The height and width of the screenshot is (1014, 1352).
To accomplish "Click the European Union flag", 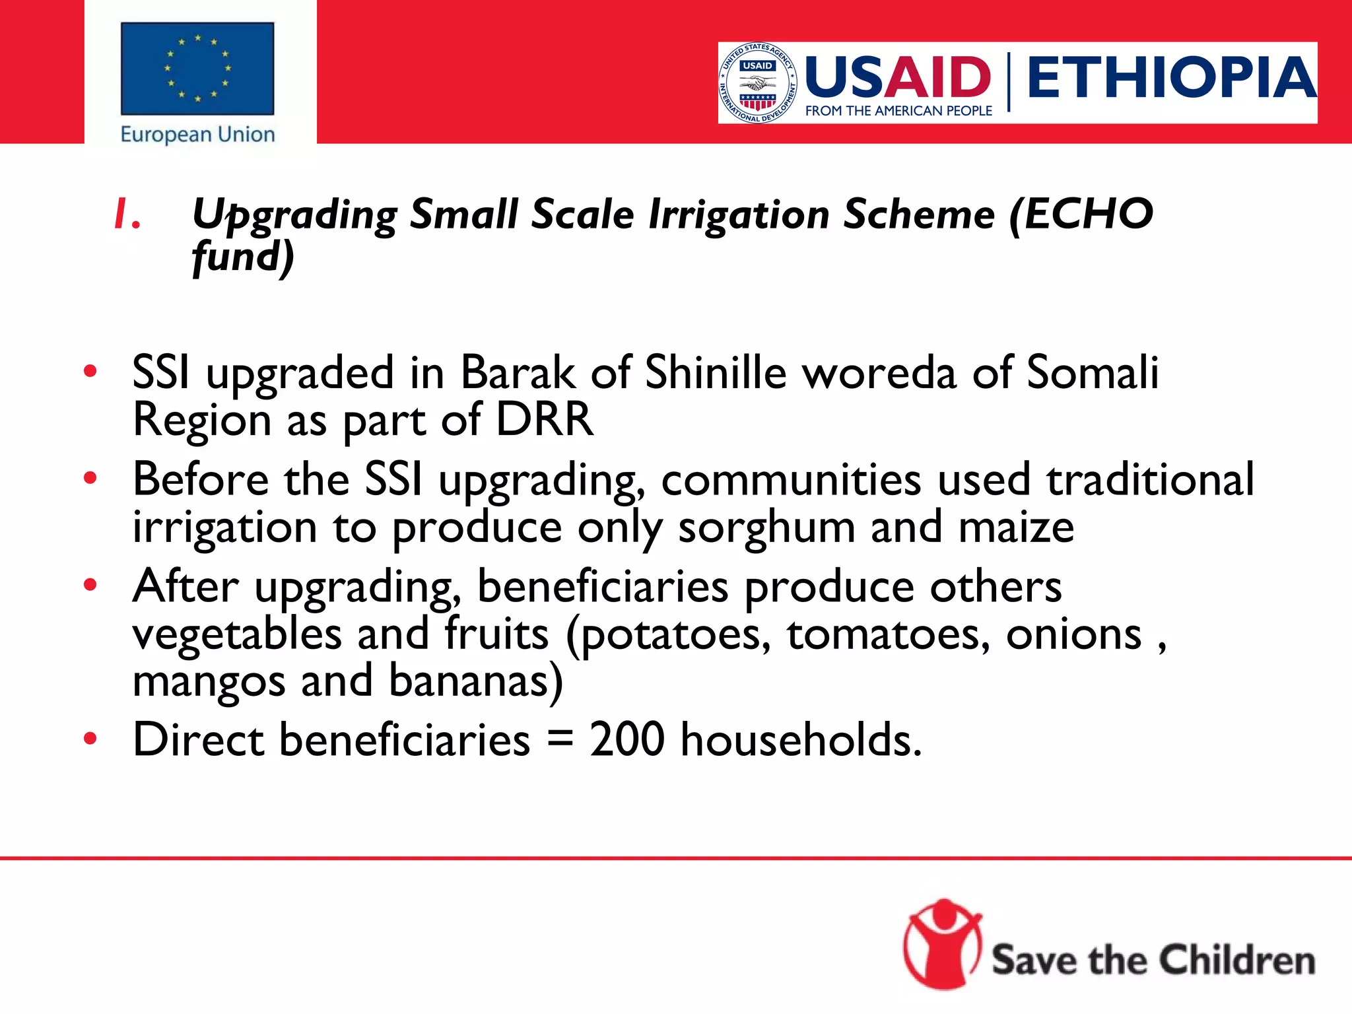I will (x=197, y=69).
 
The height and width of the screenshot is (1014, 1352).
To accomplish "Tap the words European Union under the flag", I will (x=197, y=135).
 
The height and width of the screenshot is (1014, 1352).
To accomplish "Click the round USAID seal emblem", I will (x=758, y=83).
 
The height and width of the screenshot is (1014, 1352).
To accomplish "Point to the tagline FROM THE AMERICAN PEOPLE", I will (x=898, y=111).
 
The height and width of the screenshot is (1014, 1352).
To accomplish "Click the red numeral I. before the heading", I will (x=126, y=215).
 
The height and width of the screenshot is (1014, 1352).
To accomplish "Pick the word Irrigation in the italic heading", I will (x=739, y=215).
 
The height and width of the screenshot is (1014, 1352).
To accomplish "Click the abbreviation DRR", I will (x=545, y=420).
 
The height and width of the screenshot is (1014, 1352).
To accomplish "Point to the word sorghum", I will (x=766, y=529).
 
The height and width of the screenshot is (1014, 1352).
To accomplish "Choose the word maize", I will (x=1016, y=527).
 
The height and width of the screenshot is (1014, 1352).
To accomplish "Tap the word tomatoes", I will (x=889, y=634).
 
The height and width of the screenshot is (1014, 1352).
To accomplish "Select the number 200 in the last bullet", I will (x=626, y=739).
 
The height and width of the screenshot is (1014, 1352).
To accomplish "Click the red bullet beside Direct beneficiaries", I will (x=90, y=738).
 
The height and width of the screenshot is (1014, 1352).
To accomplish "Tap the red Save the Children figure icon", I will (x=943, y=944).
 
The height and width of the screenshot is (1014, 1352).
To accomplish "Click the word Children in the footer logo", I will (x=1237, y=960).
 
